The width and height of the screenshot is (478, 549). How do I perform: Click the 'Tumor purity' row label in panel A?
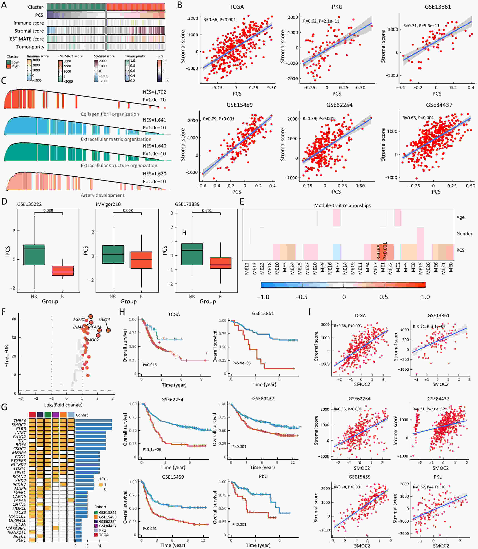tap(30, 47)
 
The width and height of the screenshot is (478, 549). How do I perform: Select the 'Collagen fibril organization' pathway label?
tap(110, 114)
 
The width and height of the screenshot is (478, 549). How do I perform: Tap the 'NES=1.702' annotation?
tap(154, 92)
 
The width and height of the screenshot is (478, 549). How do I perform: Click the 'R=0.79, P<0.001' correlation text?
tap(219, 119)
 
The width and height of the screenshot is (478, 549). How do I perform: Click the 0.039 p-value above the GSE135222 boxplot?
tap(48, 211)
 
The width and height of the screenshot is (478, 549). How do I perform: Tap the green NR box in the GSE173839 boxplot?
tap(192, 254)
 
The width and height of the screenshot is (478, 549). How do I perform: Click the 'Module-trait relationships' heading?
tap(342, 205)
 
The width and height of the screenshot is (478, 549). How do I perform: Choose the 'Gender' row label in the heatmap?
tap(464, 234)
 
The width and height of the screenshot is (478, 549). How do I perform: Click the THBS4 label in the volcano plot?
tap(104, 319)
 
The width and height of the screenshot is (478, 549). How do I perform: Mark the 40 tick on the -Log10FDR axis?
tap(14, 319)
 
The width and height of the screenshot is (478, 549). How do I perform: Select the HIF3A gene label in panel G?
tap(20, 524)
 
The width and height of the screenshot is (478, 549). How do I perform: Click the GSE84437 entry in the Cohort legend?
tap(108, 526)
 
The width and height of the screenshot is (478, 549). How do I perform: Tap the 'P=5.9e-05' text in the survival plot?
tap(242, 363)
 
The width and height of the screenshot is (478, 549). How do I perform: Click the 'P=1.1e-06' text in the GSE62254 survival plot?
tap(152, 449)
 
